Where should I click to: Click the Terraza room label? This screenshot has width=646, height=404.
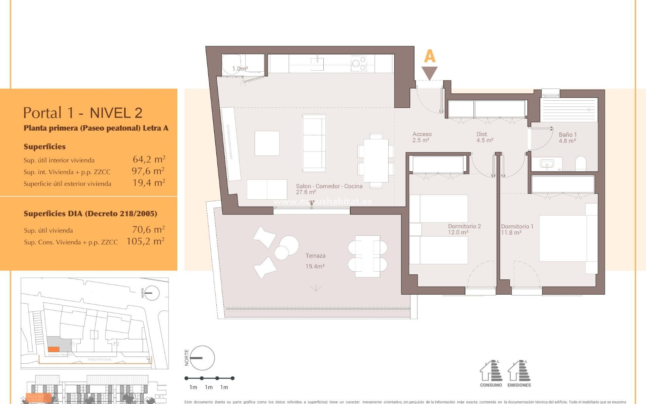(315, 256)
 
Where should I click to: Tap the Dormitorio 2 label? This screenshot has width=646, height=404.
(464, 227)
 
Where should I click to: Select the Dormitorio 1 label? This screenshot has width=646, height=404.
(517, 227)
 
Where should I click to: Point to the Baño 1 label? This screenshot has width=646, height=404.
(567, 135)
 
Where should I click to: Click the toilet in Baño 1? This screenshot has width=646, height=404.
(581, 164)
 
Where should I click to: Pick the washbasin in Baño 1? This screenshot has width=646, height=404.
(547, 164)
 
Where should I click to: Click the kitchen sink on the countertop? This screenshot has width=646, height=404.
(317, 63)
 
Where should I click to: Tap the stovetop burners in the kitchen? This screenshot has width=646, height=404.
(359, 63)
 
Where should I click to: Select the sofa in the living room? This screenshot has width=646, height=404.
(314, 143)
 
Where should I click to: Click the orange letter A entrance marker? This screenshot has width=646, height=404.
(430, 56)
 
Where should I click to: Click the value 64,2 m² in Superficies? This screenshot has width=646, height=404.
(149, 159)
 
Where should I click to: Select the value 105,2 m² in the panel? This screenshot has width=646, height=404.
(145, 241)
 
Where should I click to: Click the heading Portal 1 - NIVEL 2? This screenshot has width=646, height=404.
(83, 113)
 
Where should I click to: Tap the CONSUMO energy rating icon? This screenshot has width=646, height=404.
(491, 373)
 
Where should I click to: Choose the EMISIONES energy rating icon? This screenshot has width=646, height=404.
(519, 373)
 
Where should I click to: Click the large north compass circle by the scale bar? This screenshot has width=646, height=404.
(202, 358)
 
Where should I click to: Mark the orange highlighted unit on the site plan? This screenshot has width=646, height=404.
(53, 349)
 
